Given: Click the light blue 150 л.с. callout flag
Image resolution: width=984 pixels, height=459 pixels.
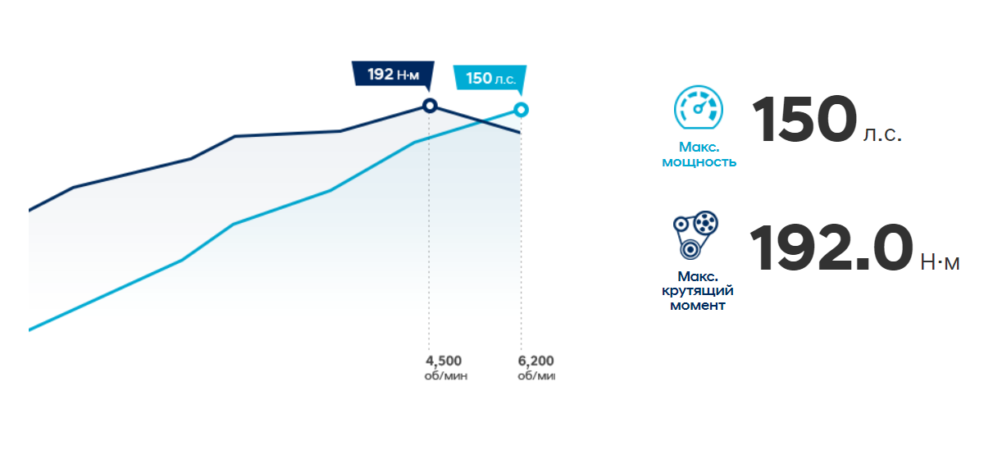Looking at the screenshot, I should click(490, 79).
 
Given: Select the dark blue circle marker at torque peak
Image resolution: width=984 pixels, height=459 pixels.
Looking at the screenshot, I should click(429, 105).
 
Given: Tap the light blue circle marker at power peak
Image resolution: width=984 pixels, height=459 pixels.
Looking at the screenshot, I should click(521, 110).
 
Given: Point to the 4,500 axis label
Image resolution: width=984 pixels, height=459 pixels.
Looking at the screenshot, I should click(444, 361).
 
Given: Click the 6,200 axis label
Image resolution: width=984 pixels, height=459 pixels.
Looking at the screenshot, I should click(536, 361).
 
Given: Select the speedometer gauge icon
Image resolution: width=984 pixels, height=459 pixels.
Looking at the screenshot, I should click(699, 109).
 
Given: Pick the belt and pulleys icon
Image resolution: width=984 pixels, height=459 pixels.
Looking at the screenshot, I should click(696, 235).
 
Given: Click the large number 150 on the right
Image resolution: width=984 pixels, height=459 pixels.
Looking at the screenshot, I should click(804, 120).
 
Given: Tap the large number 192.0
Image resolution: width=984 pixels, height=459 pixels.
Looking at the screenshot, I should click(831, 248).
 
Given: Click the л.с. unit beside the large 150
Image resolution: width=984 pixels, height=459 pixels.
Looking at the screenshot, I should click(882, 134).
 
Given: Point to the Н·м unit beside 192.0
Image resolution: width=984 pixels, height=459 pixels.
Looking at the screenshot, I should click(940, 262).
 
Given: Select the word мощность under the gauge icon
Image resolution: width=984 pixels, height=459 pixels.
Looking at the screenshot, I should click(699, 162).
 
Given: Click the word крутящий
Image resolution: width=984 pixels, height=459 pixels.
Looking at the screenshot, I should click(699, 291).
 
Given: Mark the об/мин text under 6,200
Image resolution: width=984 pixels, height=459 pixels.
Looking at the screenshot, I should click(536, 375).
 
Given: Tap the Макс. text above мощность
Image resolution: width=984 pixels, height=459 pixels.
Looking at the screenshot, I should click(699, 148).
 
